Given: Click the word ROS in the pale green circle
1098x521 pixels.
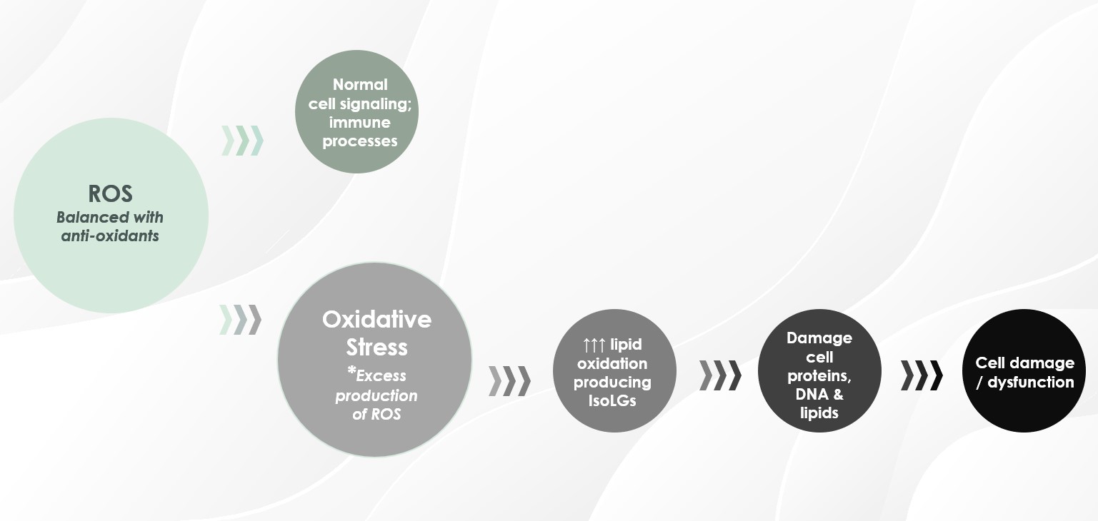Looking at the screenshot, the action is pos(110,193).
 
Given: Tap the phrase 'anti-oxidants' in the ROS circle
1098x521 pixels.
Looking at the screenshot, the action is pos(110,236).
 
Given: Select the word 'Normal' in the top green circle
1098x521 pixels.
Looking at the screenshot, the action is pos(360,85).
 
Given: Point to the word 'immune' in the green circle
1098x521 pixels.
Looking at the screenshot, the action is pos(360,123).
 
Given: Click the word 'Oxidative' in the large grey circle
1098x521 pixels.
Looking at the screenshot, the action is pos(377,319).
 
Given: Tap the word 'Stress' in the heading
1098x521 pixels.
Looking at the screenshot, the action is pos(377,347).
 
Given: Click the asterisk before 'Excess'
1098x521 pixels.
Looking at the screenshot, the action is pos(351,371).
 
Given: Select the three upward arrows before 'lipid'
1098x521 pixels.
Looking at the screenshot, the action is pos(594,345).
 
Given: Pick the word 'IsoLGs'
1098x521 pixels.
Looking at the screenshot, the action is pos(612,401).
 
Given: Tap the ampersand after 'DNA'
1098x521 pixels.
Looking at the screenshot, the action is pos(838,394).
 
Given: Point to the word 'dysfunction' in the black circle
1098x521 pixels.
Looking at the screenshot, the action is pos(1031,382).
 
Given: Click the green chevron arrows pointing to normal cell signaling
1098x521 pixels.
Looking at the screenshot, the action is pos(243,141).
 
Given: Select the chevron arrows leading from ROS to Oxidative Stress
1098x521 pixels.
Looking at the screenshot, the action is pos(240,320).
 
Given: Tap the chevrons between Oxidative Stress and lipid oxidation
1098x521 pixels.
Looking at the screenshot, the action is pos(510,381).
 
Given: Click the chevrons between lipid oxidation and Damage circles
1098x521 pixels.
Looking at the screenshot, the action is pos(720,375).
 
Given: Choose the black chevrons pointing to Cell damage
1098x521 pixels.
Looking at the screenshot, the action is pos(922,375).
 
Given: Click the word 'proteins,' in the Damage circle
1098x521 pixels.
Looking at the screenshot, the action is pos(819,376).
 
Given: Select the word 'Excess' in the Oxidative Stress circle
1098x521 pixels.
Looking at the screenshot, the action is pos(381,376).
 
